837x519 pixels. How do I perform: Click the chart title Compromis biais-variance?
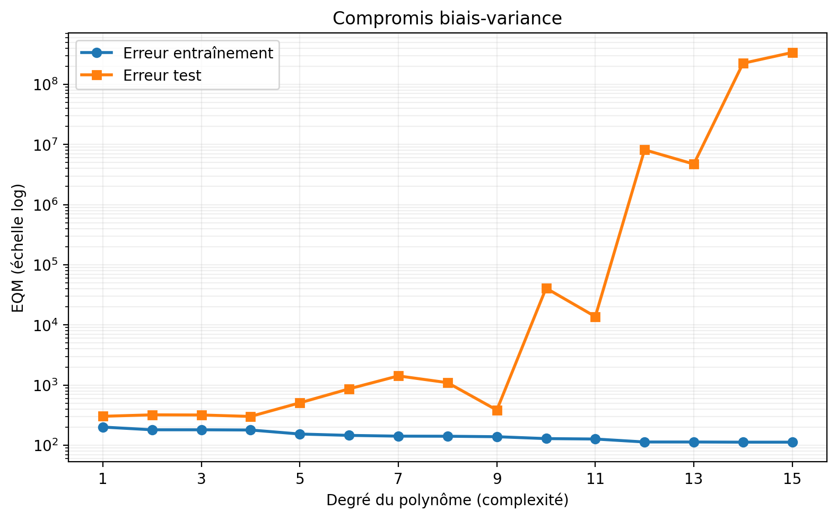tap(447, 19)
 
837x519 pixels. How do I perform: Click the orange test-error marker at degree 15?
tap(792, 53)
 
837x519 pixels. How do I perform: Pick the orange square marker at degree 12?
tap(644, 150)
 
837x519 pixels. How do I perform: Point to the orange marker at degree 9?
tap(497, 411)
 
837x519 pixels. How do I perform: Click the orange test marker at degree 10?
tap(546, 288)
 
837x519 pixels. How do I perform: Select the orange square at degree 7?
tap(398, 376)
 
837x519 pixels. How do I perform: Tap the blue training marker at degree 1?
tap(103, 427)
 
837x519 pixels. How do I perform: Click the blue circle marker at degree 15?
tap(792, 443)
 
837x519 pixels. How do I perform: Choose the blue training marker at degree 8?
tap(448, 436)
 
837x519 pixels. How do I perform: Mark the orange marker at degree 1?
tap(103, 416)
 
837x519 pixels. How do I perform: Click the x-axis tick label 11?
tap(595, 479)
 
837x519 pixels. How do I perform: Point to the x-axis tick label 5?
tap(300, 479)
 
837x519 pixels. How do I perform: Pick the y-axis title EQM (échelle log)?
tap(18, 248)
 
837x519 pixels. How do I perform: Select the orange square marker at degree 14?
tap(743, 64)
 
